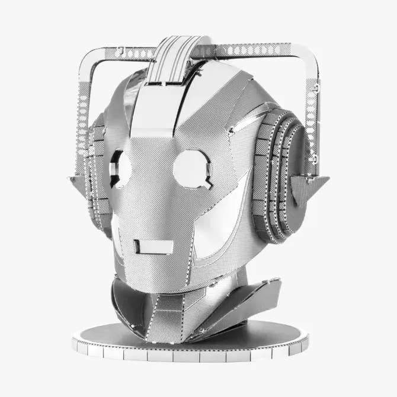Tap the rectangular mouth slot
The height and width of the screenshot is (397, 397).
click(x=153, y=246)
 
